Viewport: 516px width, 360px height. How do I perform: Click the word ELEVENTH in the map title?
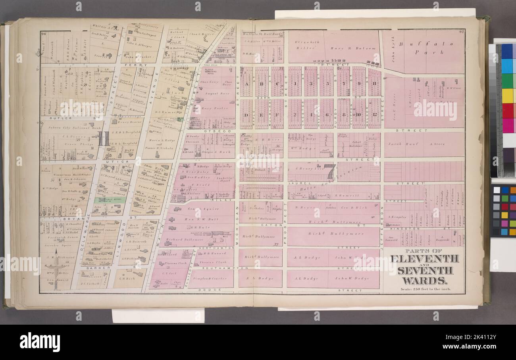point(424,259)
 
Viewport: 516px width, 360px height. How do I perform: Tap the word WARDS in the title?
point(424,281)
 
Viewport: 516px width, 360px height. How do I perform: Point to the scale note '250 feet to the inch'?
point(424,289)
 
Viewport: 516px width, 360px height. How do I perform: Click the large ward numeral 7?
point(329,171)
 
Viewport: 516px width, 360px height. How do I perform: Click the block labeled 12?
point(374,115)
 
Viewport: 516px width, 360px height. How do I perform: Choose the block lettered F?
point(277,115)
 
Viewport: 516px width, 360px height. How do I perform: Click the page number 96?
point(44,34)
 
